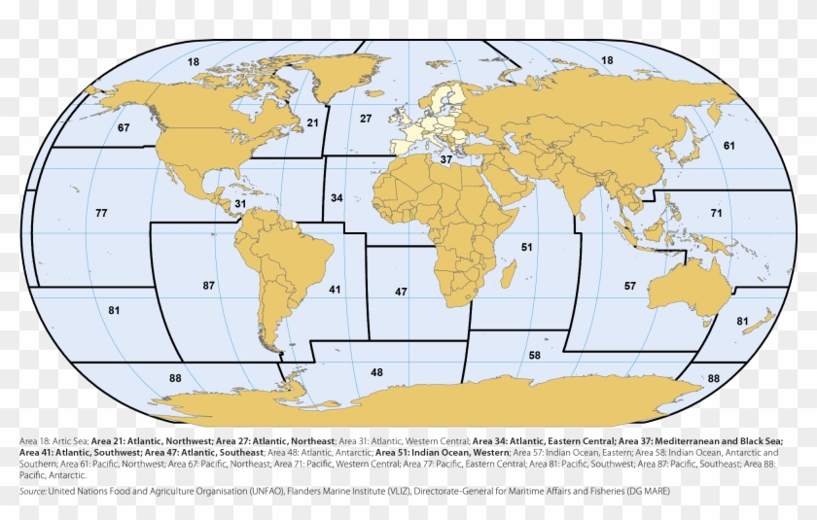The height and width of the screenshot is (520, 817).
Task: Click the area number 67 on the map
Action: point(124,128)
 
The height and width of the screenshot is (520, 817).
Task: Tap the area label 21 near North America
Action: point(312,122)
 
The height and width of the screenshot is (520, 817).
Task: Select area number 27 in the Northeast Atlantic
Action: point(366,119)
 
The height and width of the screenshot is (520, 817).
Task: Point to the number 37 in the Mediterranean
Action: point(445,159)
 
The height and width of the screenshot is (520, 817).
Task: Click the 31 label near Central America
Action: point(239,203)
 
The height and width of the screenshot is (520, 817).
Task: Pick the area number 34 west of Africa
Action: point(337,198)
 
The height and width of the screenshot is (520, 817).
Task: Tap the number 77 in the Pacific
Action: point(101,213)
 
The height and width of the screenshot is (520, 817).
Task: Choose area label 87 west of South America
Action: point(208,286)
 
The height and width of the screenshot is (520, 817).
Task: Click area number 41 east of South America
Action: point(335,290)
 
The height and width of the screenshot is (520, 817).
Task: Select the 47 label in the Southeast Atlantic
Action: point(401,292)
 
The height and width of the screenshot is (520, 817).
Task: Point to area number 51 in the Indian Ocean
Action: point(526,248)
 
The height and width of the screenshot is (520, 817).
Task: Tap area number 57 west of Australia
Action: point(630,286)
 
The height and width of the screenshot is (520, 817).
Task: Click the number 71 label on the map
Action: point(716,213)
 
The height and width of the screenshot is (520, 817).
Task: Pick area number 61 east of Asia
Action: point(728,146)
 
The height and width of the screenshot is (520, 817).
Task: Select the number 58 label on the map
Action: point(535,356)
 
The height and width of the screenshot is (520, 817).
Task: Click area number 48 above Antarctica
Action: point(376,372)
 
